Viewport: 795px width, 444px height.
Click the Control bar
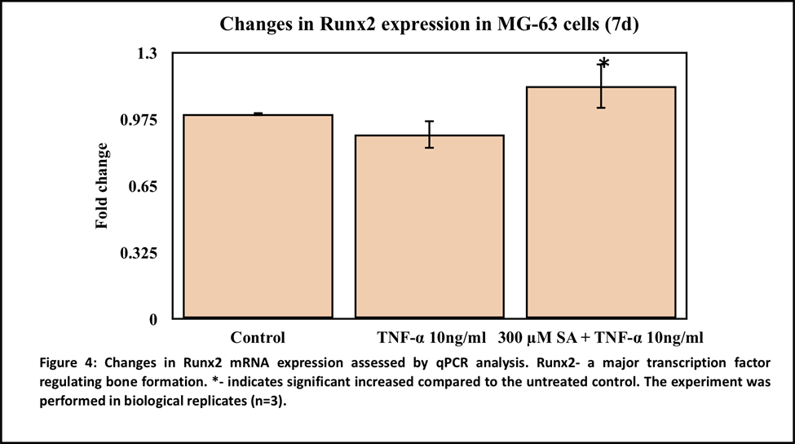coord(258,216)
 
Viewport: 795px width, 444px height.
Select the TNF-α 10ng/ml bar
coord(430,227)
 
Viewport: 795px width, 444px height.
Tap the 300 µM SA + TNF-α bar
coord(601,202)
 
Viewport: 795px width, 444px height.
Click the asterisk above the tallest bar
coord(603,64)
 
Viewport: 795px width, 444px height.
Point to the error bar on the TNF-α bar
coord(430,135)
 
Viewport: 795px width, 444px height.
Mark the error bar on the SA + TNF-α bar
coord(601,87)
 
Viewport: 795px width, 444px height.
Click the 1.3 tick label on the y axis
coord(147,53)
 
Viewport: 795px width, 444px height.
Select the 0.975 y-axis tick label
coord(139,120)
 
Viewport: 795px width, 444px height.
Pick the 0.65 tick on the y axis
coord(143,187)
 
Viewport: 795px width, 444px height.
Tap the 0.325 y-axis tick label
coord(139,253)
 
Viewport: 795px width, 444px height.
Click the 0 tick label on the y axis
coord(153,320)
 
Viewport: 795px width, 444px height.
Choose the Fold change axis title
coord(102,186)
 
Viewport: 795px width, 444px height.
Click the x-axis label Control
coord(258,337)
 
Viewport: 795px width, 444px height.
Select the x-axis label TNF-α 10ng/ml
coord(431,337)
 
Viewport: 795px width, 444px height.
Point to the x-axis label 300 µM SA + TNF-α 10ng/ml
coord(600,337)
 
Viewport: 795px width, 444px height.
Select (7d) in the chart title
coord(621,24)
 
